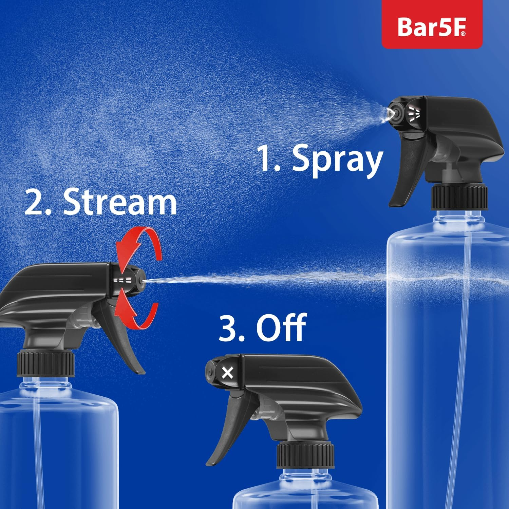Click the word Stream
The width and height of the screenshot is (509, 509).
(120, 203)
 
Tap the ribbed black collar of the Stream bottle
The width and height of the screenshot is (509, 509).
(46, 364)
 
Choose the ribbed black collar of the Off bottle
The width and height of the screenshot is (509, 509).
(305, 455)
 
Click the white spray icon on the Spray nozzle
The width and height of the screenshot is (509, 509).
(414, 113)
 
